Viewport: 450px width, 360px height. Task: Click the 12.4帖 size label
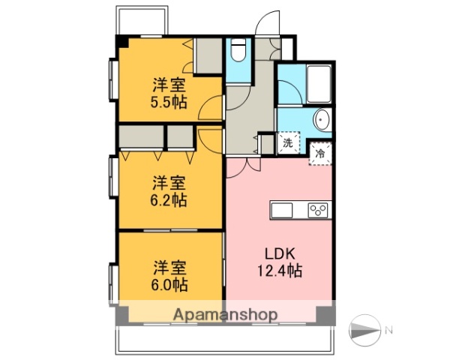point(279,271)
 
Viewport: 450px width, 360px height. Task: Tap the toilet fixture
point(238,51)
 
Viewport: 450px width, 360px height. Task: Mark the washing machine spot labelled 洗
point(286,143)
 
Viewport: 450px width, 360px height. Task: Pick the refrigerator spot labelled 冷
point(320,151)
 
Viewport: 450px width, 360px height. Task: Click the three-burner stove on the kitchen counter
point(317,210)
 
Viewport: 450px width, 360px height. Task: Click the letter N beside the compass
point(388,330)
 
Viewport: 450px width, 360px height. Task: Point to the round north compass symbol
point(366,330)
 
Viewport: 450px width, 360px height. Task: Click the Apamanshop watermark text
point(225,314)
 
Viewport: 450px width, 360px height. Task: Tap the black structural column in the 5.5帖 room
point(119,41)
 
